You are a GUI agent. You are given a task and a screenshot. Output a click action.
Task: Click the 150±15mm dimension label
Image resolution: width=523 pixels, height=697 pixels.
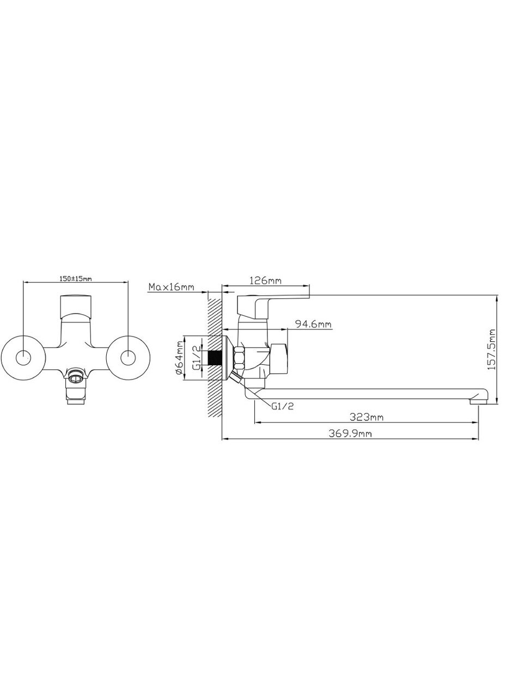(x=76, y=279)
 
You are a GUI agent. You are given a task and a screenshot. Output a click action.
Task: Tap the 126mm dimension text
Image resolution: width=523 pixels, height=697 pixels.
(x=266, y=280)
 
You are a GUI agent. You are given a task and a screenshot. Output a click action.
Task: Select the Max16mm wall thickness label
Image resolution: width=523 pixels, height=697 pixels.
(x=171, y=287)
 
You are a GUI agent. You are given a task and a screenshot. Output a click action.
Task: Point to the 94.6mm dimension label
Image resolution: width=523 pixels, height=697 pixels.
(x=313, y=324)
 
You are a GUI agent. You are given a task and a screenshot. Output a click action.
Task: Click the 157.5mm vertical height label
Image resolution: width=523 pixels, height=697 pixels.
(x=492, y=349)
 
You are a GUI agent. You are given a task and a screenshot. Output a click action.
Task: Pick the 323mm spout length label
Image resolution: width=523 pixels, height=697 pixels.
(x=367, y=417)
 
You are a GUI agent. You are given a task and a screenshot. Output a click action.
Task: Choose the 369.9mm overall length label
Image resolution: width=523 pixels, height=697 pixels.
(x=350, y=433)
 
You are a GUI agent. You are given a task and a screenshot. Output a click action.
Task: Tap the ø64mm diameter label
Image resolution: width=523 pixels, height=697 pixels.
(x=179, y=358)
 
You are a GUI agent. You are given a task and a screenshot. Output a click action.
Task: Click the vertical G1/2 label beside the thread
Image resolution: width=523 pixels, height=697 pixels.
(x=197, y=358)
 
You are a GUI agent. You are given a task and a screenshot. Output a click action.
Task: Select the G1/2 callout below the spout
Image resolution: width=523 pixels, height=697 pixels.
(x=282, y=406)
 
